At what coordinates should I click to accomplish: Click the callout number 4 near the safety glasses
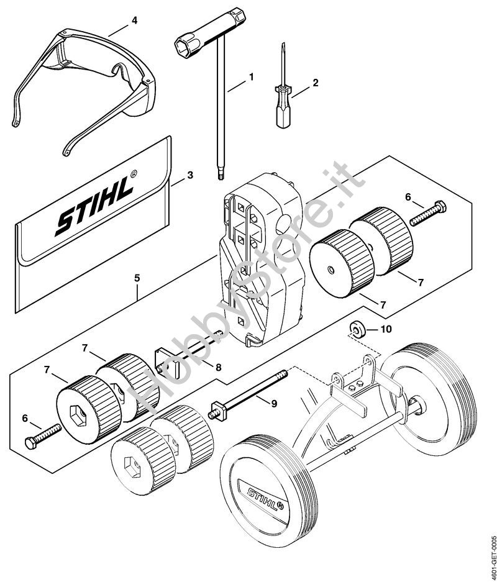click(134, 20)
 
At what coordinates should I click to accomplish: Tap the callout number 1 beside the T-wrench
click(251, 77)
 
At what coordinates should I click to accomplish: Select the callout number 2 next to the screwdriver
click(315, 83)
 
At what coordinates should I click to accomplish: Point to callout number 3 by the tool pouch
click(190, 175)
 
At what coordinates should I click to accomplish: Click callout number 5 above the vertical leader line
click(137, 278)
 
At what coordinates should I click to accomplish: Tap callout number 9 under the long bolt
click(274, 404)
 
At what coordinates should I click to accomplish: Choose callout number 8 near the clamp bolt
click(219, 368)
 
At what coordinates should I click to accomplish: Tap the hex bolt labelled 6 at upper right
click(428, 213)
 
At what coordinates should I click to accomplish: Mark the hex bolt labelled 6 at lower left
click(43, 437)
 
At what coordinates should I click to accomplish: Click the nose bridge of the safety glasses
click(118, 71)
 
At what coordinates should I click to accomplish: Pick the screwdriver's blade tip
click(283, 45)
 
